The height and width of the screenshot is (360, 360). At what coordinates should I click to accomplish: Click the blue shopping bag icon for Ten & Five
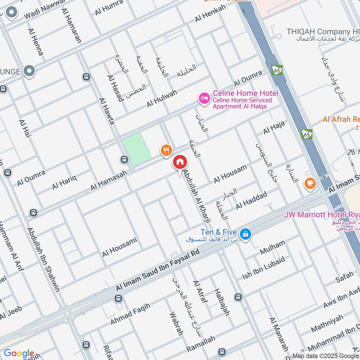[246, 234]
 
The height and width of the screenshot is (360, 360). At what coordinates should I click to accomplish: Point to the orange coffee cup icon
[310, 183]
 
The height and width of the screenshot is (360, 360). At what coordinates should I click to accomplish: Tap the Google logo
[19, 353]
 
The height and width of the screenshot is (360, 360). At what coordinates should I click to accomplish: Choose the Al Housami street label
[119, 247]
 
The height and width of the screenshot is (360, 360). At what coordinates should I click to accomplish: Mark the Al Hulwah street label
[162, 99]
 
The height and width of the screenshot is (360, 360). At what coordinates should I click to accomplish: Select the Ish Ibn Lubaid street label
[263, 268]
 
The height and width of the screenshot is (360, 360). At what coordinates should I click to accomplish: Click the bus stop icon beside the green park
[124, 159]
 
